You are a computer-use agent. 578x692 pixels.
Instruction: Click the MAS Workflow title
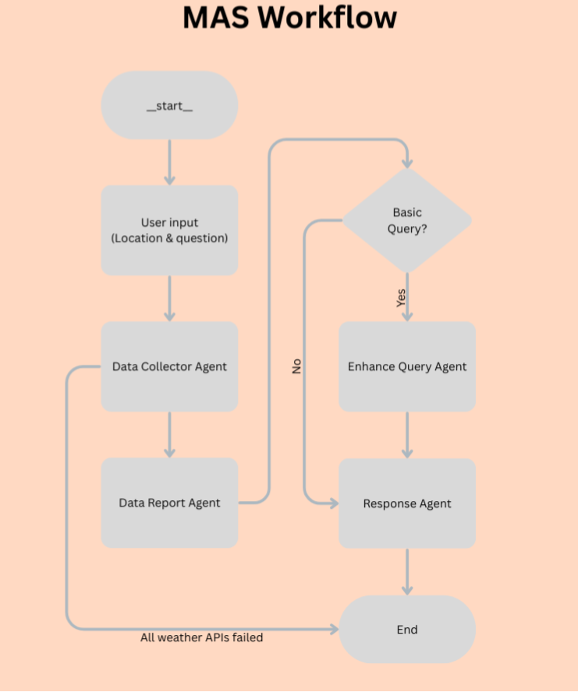click(289, 18)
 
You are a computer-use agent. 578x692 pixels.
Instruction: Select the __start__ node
click(169, 106)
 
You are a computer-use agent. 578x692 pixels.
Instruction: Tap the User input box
click(169, 230)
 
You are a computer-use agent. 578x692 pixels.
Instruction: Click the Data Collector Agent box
click(169, 366)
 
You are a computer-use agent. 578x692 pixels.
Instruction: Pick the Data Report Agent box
click(169, 503)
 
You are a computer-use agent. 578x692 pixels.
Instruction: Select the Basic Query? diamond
click(406, 220)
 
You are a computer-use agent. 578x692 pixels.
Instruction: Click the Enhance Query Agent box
click(406, 366)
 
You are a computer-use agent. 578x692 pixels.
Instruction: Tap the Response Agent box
click(406, 503)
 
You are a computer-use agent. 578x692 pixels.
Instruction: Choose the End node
click(406, 630)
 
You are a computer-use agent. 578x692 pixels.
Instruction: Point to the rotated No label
click(296, 366)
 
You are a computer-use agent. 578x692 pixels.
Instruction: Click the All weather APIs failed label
click(201, 637)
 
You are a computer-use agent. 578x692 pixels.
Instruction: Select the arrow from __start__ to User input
click(169, 162)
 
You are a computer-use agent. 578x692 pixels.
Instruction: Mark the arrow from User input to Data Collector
click(169, 298)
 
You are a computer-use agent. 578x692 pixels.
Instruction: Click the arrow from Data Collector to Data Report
click(169, 434)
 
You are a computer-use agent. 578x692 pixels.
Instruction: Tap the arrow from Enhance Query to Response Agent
click(406, 435)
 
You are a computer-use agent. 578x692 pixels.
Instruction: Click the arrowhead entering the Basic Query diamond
click(406, 162)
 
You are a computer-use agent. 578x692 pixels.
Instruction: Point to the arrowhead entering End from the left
click(333, 630)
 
